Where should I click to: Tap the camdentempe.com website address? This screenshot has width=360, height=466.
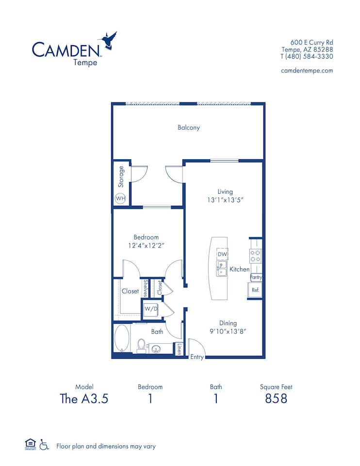(307, 70)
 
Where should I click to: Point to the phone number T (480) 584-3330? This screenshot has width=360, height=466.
(307, 56)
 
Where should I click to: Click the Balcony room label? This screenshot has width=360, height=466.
(188, 128)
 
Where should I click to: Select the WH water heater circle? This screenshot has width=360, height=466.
(120, 199)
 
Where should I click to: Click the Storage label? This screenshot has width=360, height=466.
(121, 177)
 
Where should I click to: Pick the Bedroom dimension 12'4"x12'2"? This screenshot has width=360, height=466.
(146, 246)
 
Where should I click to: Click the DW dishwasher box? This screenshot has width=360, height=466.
(222, 254)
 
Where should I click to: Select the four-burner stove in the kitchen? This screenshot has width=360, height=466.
(255, 256)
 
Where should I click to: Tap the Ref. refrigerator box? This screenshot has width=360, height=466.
(255, 290)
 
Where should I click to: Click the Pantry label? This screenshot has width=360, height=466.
(256, 277)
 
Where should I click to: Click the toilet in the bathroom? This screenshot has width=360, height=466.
(142, 345)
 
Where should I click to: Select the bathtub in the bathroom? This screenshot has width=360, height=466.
(121, 338)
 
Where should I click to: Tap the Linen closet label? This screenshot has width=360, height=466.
(179, 349)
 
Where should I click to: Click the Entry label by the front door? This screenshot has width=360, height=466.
(197, 357)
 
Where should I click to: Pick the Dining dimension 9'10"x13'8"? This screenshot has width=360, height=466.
(228, 332)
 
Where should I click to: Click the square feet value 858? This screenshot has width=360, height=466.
(276, 399)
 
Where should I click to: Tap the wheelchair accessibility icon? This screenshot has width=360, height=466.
(44, 444)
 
